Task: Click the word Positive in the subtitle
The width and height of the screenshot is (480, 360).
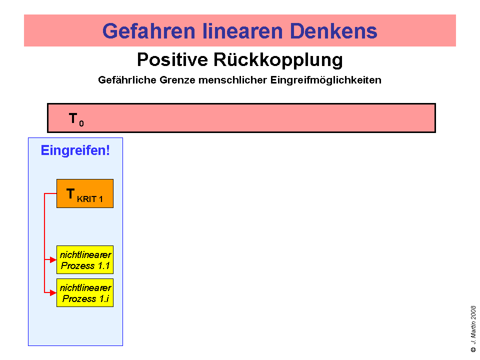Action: (x=172, y=60)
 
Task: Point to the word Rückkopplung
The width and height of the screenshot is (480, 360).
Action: (x=278, y=60)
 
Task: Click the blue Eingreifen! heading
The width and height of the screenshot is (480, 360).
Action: (x=75, y=150)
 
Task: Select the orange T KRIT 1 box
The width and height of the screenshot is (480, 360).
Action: (x=85, y=193)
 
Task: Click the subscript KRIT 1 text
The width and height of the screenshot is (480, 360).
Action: (x=90, y=199)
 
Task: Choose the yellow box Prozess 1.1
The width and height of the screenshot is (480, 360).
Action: (x=85, y=260)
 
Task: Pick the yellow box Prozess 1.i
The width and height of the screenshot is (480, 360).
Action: (x=85, y=293)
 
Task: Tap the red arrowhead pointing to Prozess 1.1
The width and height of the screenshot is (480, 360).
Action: (x=53, y=260)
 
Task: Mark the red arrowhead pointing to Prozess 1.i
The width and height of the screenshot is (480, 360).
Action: (x=53, y=292)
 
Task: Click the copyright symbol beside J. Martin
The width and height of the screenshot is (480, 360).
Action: (x=473, y=349)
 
